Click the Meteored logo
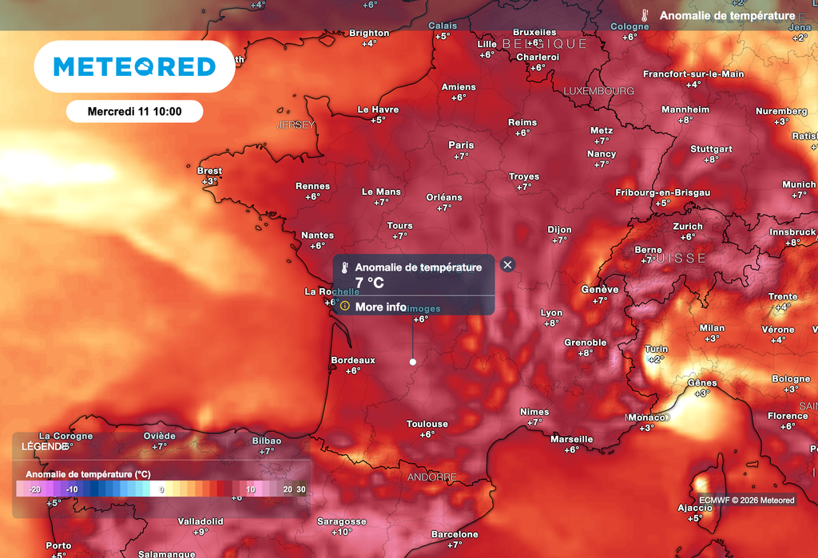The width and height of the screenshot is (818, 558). point(134,66)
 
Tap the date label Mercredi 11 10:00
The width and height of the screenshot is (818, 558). point(134,111)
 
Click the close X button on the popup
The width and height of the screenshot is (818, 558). point(507,265)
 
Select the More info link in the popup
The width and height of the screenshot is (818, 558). point(380,307)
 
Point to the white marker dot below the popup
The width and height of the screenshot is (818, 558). point(413,362)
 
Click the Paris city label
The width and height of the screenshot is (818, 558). point(461,145)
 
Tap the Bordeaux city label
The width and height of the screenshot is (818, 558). point(352,361)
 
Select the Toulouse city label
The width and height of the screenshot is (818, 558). point(427,424)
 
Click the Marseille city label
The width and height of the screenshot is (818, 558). point(572,439)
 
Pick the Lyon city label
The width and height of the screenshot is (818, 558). point(551,313)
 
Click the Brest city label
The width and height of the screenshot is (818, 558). point(209,171)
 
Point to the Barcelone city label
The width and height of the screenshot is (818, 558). point(455,534)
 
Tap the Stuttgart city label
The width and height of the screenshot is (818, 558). point(711,149)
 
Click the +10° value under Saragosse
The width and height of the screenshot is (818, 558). point(342,532)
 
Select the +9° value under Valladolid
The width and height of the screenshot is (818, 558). point(201,532)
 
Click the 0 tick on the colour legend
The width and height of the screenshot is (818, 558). point(162,489)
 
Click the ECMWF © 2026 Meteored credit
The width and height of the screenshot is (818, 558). point(746,501)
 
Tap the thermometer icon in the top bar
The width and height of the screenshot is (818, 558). point(645,15)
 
